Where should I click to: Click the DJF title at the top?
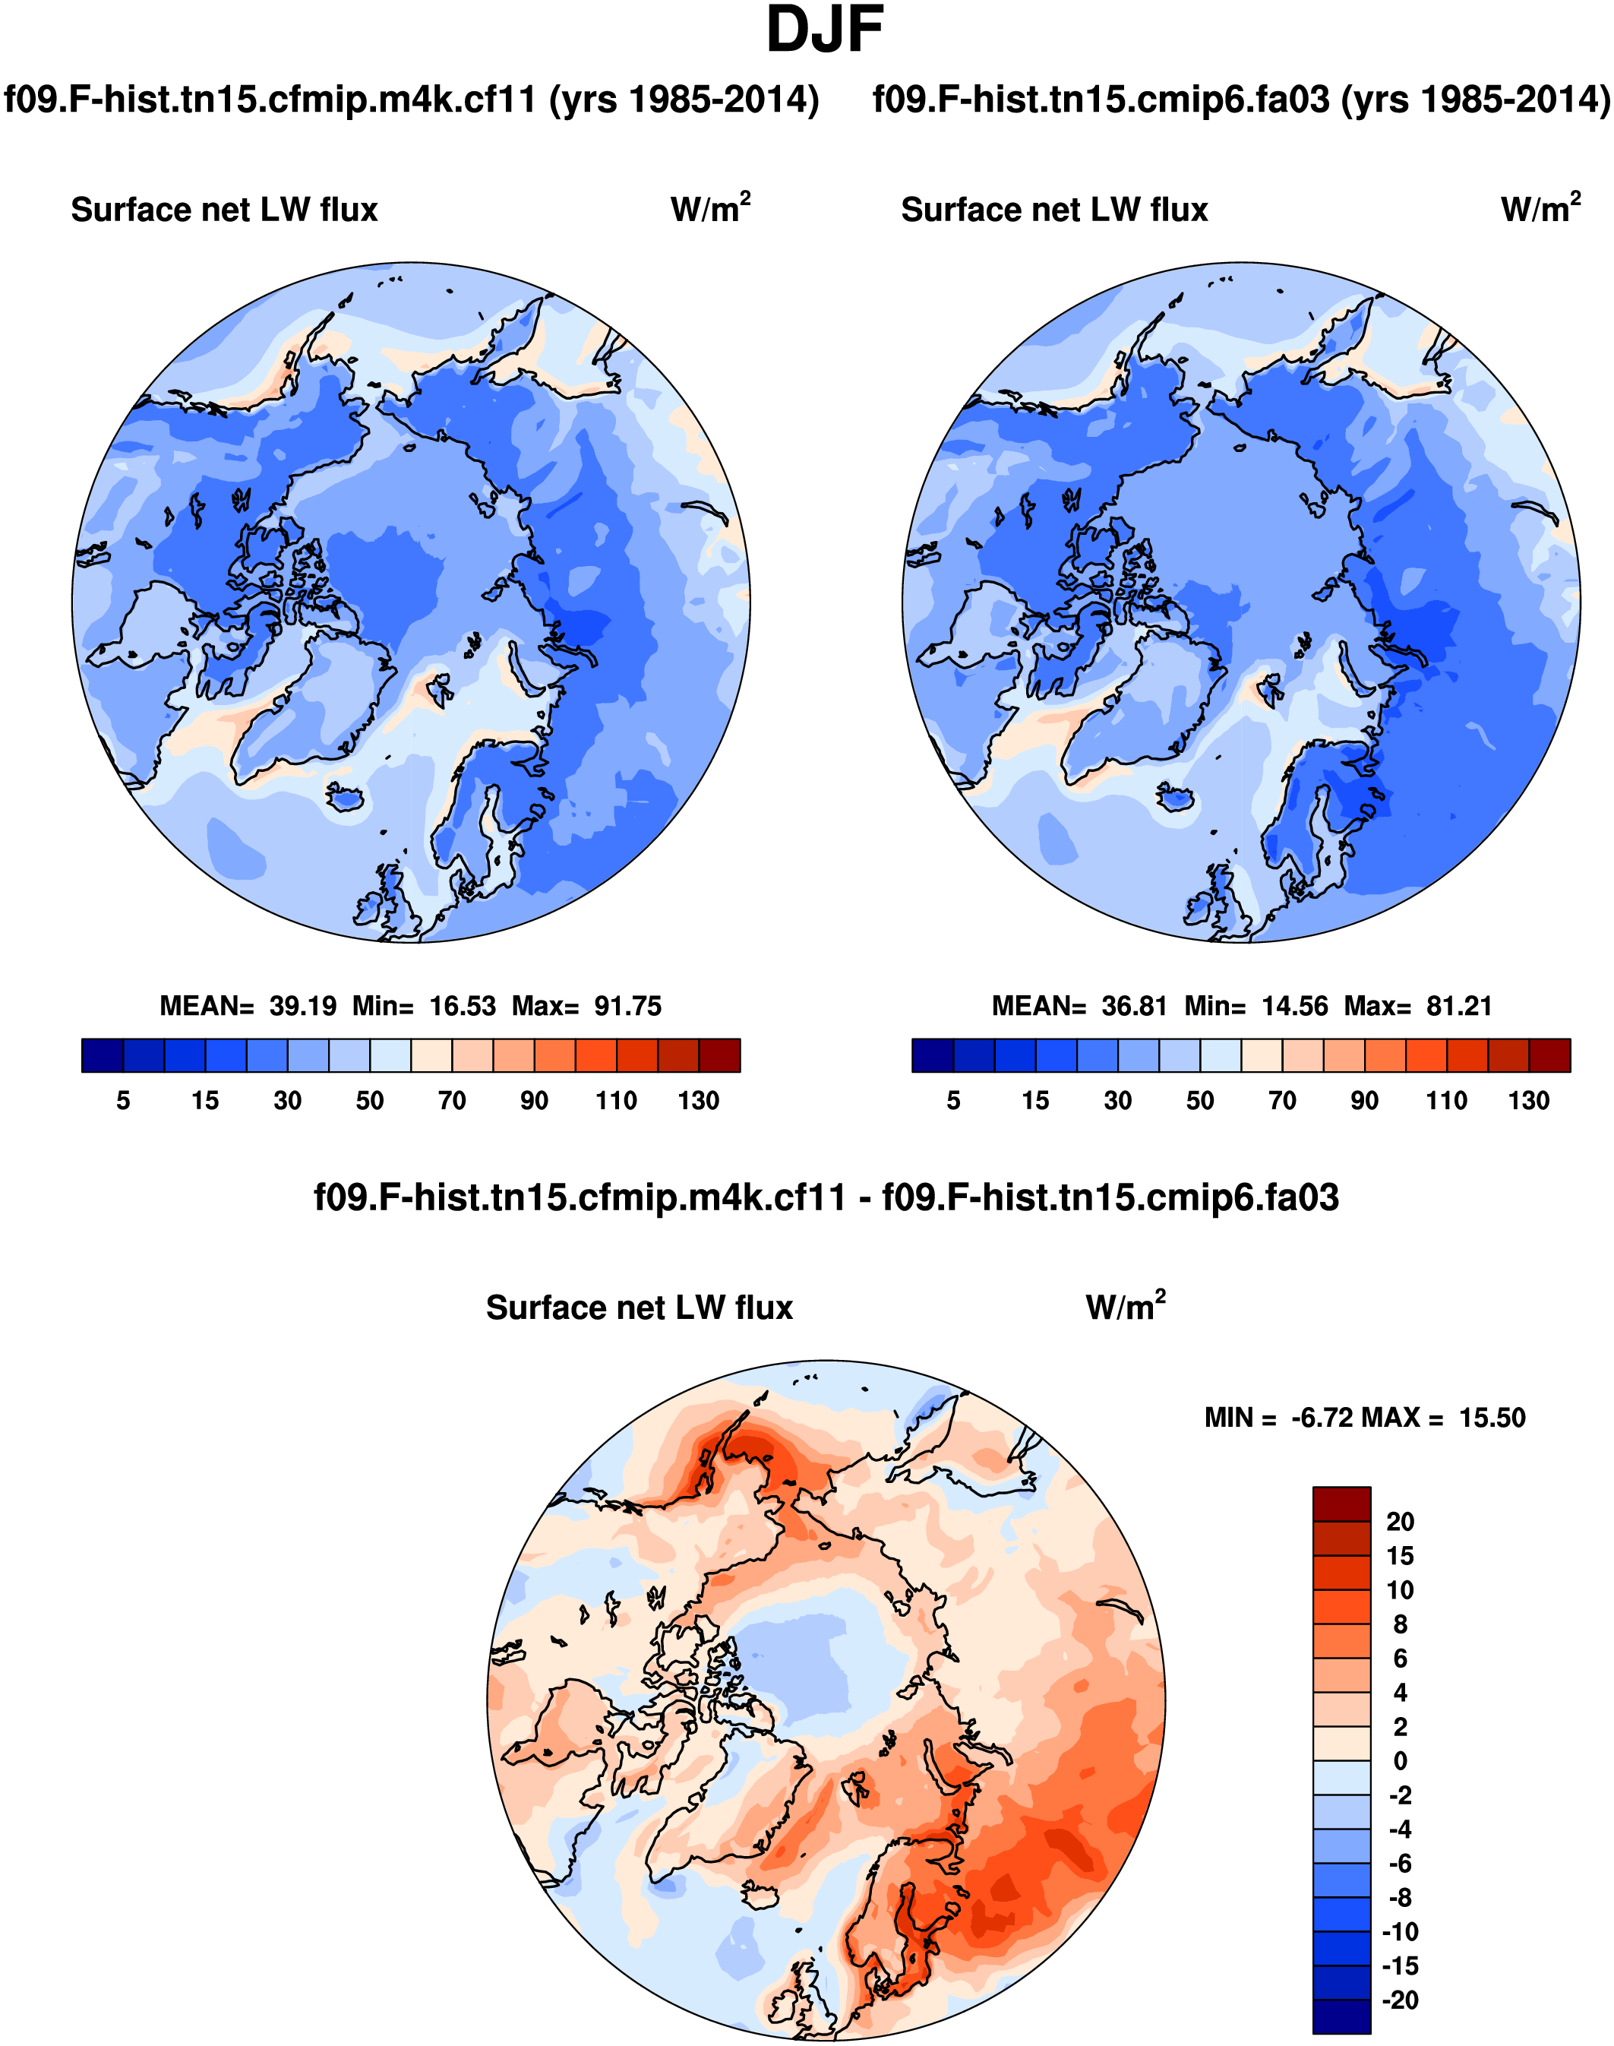point(824,31)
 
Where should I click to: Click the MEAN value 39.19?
point(302,1005)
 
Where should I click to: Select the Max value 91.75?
point(627,1005)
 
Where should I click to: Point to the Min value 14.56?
point(1294,1005)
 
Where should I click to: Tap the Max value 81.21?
point(1459,1005)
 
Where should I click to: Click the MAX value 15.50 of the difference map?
point(1492,1418)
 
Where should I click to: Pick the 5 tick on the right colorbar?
point(953,1100)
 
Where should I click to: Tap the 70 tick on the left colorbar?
point(452,1100)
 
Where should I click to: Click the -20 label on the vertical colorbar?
point(1400,2000)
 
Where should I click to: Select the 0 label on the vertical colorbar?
point(1400,1760)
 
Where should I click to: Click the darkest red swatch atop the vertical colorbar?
point(1341,1504)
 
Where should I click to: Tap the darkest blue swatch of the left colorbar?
point(102,1055)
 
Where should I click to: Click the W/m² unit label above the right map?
point(1540,208)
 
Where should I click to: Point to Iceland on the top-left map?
point(345,798)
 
